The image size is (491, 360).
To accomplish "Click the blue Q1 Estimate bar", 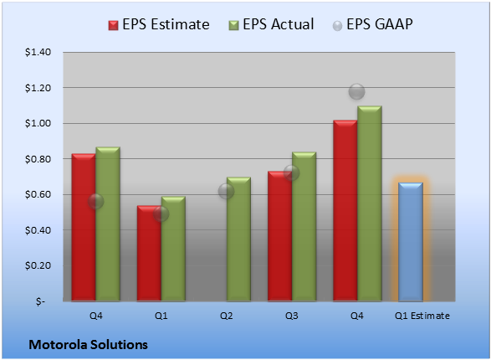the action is (411, 242).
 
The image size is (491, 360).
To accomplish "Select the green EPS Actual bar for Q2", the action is (238, 239).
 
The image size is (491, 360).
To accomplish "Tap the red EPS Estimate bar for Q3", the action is (279, 236).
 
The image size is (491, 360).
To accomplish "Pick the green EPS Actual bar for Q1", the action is (173, 249).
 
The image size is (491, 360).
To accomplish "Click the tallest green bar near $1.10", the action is (370, 203).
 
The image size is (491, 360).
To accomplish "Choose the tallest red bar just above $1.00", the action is (345, 210).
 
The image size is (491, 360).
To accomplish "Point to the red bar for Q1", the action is (149, 254).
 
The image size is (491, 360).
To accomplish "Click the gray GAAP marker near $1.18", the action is (356, 92).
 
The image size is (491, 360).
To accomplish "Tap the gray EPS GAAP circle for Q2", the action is (226, 191).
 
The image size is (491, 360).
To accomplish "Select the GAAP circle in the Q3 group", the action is (292, 173).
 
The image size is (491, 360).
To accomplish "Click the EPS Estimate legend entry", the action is (159, 24).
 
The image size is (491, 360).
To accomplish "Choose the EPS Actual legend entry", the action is (271, 24).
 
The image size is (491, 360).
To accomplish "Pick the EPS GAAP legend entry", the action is (372, 24).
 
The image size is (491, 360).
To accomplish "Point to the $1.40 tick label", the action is (38, 52).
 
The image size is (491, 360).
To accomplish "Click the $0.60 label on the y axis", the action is (38, 194).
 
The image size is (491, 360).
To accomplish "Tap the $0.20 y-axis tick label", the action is (38, 265).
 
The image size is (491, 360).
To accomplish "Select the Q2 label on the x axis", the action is (227, 316).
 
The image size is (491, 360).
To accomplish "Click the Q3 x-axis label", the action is (292, 316).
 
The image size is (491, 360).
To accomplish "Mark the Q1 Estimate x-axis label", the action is (422, 316).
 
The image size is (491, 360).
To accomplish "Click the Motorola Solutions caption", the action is (89, 345).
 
